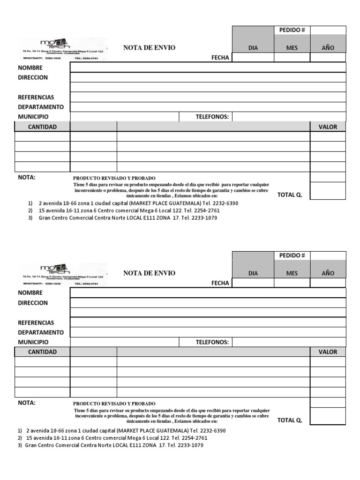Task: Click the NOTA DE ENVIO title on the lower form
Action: [x=149, y=273]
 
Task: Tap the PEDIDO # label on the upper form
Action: [x=292, y=30]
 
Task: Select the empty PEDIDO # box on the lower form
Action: [x=328, y=255]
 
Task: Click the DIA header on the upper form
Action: [x=253, y=48]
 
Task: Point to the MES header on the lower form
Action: [x=292, y=273]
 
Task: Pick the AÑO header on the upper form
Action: [x=328, y=48]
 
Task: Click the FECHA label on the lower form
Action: [x=220, y=283]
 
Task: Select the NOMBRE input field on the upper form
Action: [x=208, y=67]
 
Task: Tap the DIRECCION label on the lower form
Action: [x=33, y=303]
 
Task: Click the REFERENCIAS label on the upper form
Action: [x=36, y=97]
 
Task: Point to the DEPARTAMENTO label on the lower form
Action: [x=41, y=332]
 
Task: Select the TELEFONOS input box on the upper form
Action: [x=289, y=117]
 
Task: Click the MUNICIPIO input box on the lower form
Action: [x=124, y=342]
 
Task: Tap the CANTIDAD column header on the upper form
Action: [x=42, y=127]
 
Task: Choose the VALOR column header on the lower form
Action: [x=328, y=352]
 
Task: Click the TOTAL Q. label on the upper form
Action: [x=290, y=195]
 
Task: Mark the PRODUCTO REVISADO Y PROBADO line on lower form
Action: [x=114, y=404]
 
